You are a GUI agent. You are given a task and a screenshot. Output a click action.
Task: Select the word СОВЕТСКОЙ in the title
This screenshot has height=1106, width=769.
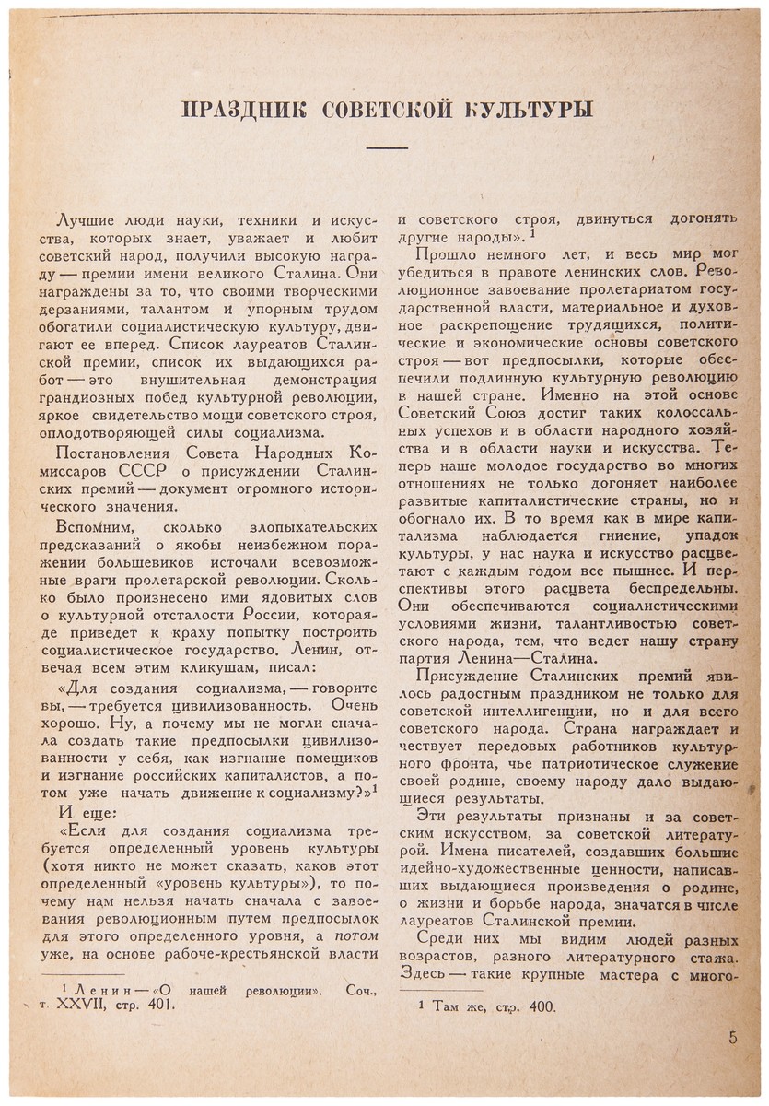click(387, 110)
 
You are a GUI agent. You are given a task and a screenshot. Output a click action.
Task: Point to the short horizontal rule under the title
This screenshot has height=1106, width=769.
click(387, 147)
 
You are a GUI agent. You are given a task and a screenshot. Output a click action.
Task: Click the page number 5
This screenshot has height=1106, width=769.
click(732, 1038)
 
